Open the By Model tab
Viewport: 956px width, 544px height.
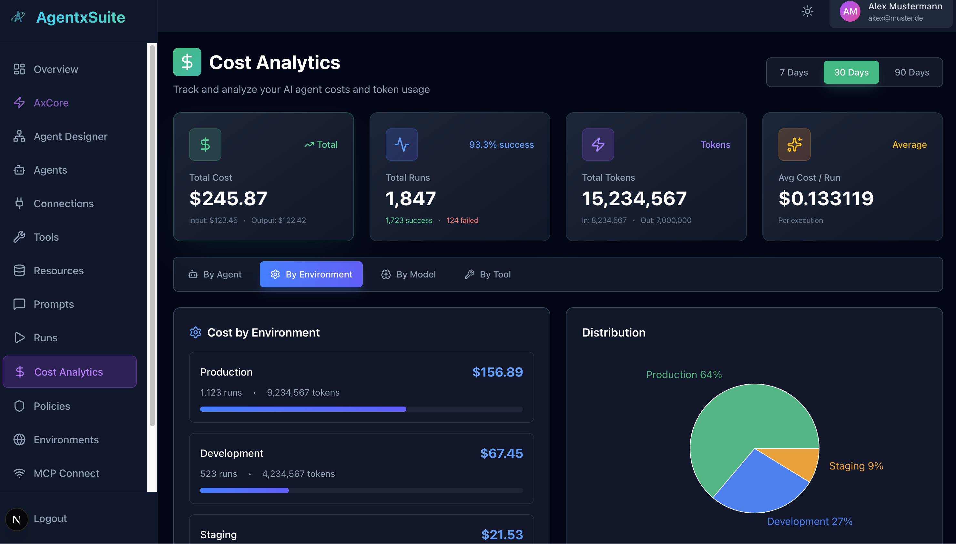coord(409,274)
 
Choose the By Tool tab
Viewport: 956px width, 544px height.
coord(488,274)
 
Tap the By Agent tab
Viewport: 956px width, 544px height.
coord(215,274)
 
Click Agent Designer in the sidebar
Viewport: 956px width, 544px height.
coord(70,136)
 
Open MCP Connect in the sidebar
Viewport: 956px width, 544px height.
coord(66,473)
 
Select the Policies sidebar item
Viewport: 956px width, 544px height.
coord(52,406)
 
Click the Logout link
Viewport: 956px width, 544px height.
coord(50,518)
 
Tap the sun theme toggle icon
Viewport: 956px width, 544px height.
coord(807,12)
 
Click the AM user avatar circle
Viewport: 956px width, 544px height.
coord(850,12)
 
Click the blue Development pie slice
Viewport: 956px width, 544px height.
coord(759,486)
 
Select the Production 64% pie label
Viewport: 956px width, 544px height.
coord(684,374)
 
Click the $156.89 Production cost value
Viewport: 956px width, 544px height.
coord(497,372)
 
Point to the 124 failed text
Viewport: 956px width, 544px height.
coord(462,220)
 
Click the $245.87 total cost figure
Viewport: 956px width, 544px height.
coord(228,198)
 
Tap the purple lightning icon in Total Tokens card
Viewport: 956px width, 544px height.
coord(598,145)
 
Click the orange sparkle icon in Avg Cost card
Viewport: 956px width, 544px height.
coord(794,145)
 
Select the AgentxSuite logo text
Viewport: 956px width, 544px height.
coord(80,17)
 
